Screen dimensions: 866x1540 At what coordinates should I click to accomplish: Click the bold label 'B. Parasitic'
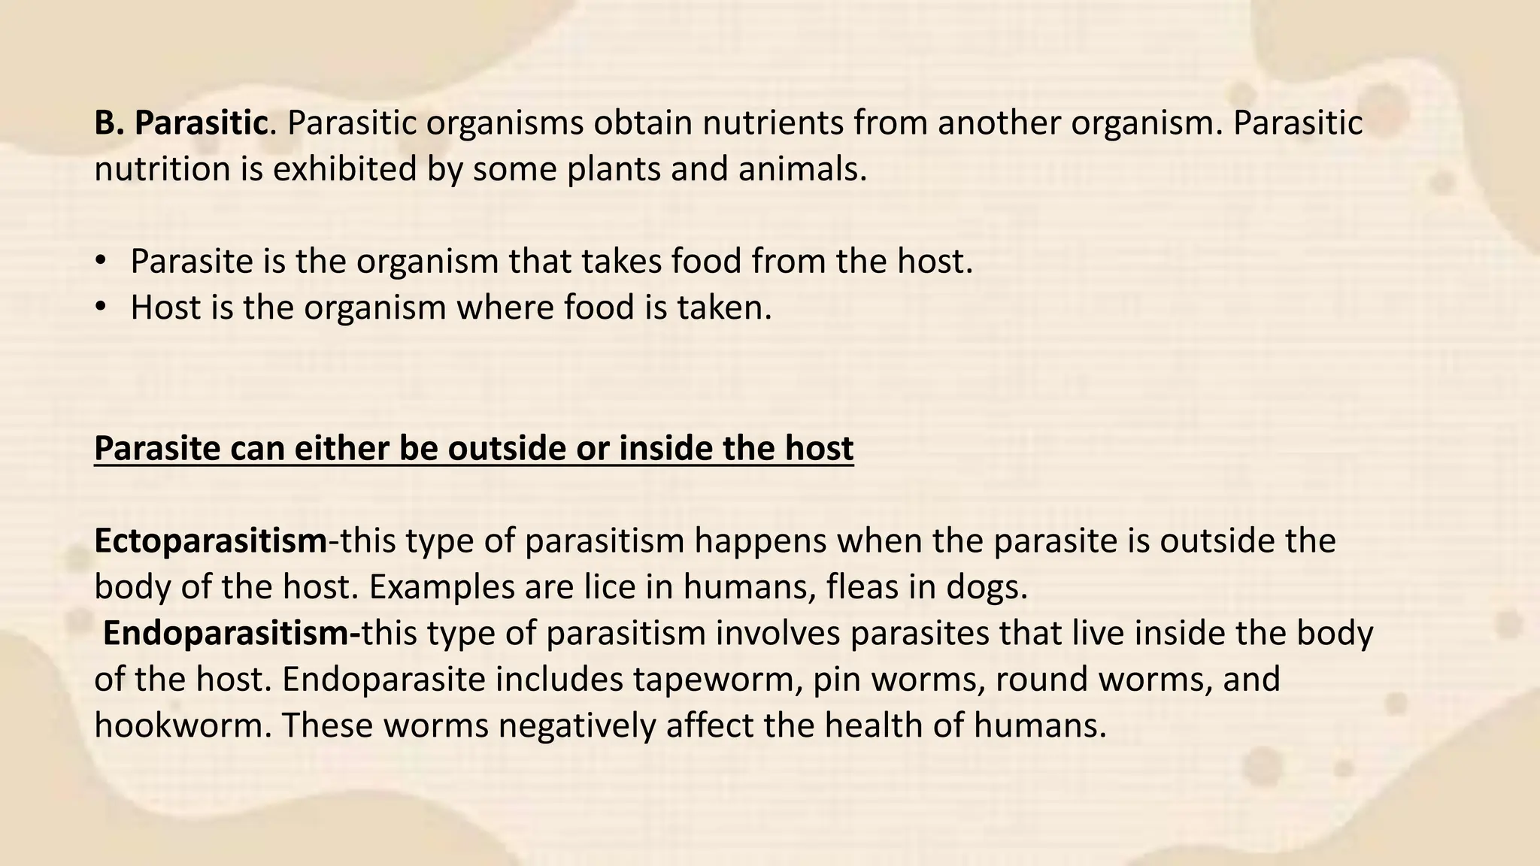pos(180,123)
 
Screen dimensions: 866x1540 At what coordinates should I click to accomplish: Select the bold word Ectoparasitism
pos(211,541)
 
